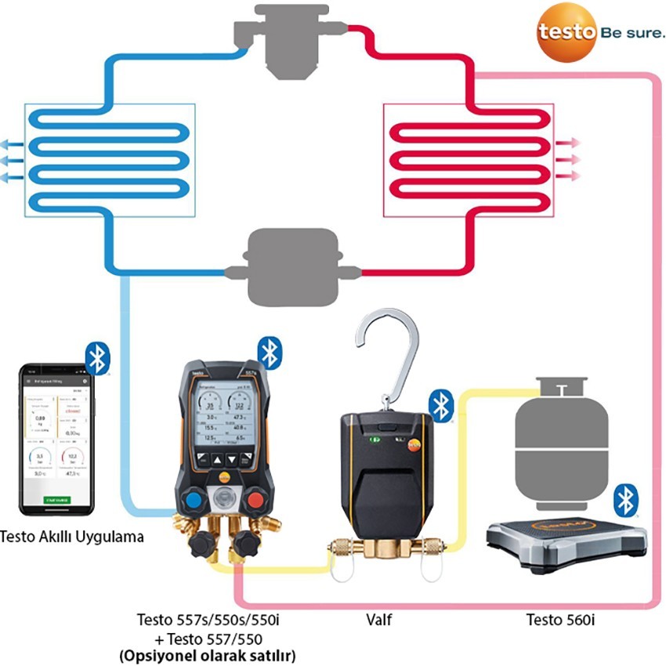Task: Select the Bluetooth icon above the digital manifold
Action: pos(270,353)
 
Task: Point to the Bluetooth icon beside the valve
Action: pos(441,407)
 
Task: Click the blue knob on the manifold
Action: pos(193,501)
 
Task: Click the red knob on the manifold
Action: pos(254,501)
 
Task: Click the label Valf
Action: pos(379,621)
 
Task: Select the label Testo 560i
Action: pos(561,621)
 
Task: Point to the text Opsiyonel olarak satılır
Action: pos(208,653)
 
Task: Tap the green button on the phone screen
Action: pos(56,498)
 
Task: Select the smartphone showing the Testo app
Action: pos(56,439)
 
